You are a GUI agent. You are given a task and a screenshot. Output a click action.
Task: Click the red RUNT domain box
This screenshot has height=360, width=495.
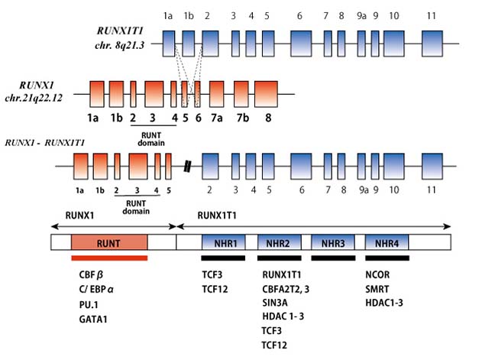(x=109, y=243)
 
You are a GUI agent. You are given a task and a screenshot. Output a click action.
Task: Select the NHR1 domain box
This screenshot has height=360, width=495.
(x=223, y=243)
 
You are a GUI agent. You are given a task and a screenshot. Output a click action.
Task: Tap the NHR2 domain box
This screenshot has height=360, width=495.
(x=279, y=243)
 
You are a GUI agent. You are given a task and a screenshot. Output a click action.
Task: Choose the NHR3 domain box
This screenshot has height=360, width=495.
(x=333, y=243)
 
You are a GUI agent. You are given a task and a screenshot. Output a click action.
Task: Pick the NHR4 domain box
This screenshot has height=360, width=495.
(x=387, y=243)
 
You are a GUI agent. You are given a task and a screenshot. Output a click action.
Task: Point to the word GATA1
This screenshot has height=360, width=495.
(x=93, y=319)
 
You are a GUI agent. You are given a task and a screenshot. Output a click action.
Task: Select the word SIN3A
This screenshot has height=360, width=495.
(x=275, y=303)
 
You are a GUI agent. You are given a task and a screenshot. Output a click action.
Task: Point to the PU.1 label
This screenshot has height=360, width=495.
(x=88, y=303)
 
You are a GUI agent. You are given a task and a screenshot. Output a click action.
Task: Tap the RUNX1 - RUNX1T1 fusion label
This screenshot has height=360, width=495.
(x=44, y=143)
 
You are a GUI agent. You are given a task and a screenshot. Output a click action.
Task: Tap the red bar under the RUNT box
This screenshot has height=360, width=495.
(x=109, y=258)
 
